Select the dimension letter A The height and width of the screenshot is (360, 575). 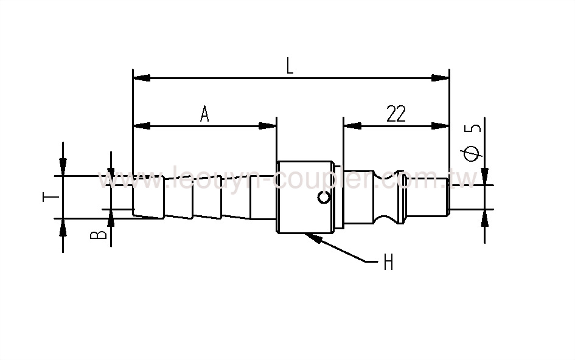[x=204, y=114]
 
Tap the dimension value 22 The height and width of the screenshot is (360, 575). [x=396, y=114]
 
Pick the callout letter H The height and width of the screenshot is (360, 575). [x=388, y=263]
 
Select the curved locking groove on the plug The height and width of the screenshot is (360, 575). [x=386, y=196]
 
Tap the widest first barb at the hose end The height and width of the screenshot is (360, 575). [x=148, y=195]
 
